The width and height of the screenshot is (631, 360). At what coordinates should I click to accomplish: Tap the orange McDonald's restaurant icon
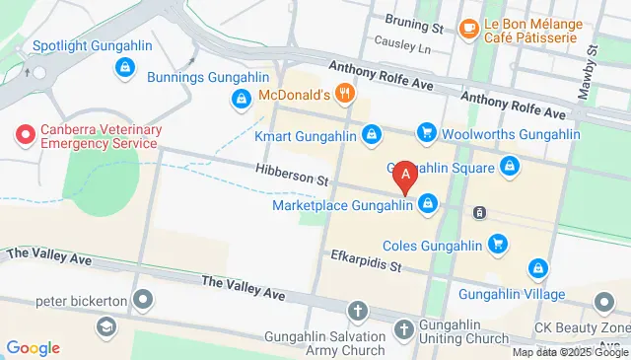click(344, 96)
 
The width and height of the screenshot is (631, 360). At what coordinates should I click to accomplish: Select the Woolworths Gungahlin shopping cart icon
click(427, 131)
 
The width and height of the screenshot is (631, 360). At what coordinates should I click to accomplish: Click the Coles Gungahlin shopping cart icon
click(498, 244)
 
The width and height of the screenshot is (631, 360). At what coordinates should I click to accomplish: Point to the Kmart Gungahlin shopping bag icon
click(372, 133)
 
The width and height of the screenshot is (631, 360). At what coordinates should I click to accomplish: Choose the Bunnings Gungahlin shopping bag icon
click(241, 99)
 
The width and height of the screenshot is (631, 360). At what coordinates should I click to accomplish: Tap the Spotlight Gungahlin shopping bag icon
click(124, 68)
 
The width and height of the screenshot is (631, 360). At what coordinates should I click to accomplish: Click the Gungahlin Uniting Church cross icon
click(403, 328)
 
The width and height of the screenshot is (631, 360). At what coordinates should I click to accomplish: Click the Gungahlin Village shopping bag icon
click(538, 267)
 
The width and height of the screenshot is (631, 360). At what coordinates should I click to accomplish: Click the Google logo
click(33, 347)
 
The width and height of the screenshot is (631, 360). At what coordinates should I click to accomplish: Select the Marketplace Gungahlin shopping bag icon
click(428, 205)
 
